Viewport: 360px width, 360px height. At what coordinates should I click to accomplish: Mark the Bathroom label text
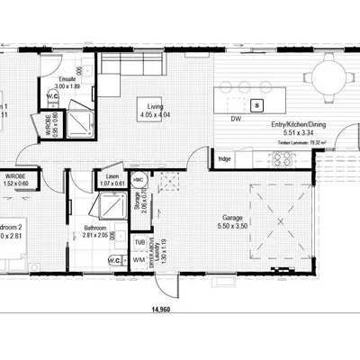96,229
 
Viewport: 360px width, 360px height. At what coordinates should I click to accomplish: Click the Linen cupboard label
112,176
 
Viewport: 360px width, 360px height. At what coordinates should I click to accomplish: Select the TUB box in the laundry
139,242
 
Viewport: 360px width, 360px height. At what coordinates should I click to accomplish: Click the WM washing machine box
139,260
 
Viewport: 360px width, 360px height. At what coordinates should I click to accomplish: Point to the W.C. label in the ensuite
53,96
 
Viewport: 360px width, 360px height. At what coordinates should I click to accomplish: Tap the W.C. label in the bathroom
115,261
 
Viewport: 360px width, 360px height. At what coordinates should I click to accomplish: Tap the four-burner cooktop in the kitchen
282,159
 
